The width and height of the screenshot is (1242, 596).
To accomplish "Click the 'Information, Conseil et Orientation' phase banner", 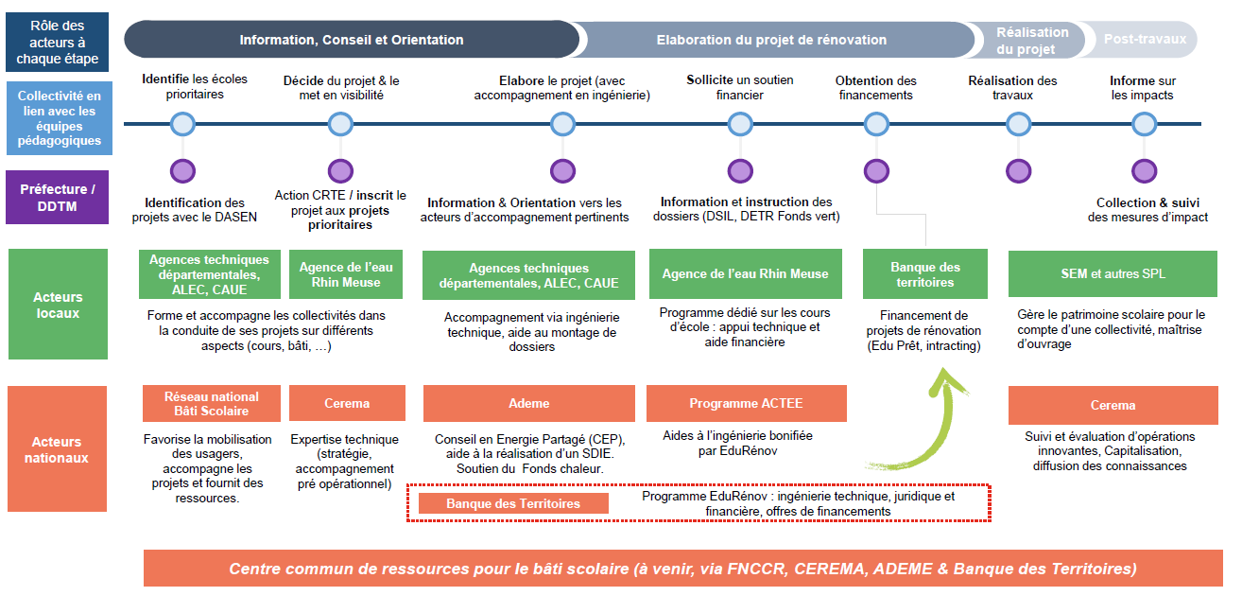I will (351, 40).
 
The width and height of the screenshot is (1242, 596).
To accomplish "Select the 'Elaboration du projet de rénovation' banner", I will (771, 40).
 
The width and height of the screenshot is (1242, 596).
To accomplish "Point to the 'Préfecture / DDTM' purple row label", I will (58, 197).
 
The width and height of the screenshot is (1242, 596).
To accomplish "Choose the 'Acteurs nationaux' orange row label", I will (58, 449).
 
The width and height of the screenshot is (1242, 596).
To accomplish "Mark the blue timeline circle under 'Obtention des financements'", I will (876, 124).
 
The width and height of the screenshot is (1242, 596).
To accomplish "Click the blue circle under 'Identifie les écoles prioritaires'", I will (182, 124).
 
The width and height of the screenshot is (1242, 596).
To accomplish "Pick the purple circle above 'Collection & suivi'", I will (1144, 171).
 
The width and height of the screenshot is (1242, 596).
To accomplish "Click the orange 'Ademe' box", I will (528, 403).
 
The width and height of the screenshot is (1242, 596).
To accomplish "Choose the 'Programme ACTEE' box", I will (746, 403).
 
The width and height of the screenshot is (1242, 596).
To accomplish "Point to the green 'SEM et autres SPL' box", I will (1113, 273).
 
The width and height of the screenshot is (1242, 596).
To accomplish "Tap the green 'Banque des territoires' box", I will (925, 274).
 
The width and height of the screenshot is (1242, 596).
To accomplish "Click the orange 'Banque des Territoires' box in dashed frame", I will (513, 503).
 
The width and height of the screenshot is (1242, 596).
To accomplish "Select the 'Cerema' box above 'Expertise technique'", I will (347, 403).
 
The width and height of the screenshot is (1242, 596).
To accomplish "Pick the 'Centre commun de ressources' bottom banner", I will (681, 569).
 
